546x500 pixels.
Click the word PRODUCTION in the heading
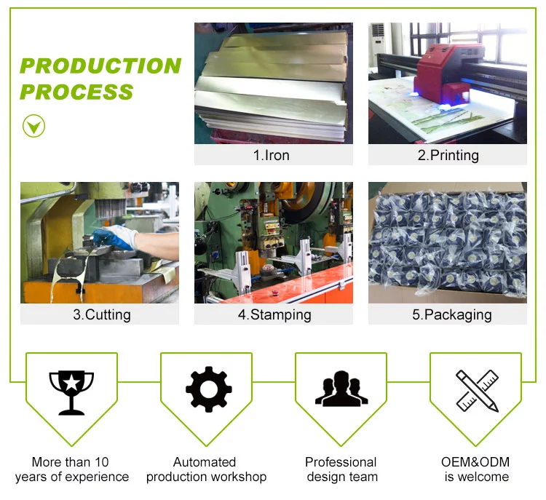[x=100, y=66]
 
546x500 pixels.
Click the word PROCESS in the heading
[x=76, y=92]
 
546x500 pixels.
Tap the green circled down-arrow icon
[x=33, y=126]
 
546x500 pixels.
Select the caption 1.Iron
[x=273, y=155]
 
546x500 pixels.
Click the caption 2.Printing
[x=448, y=155]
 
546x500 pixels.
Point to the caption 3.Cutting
[x=100, y=314]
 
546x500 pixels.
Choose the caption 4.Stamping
[x=274, y=314]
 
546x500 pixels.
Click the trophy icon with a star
[x=71, y=391]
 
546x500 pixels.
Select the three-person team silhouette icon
[x=341, y=389]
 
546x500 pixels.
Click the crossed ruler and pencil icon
[x=477, y=390]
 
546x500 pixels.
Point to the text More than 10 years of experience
[x=71, y=469]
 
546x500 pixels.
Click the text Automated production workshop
[x=206, y=469]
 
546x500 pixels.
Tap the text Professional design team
[x=341, y=469]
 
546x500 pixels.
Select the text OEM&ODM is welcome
[x=476, y=469]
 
